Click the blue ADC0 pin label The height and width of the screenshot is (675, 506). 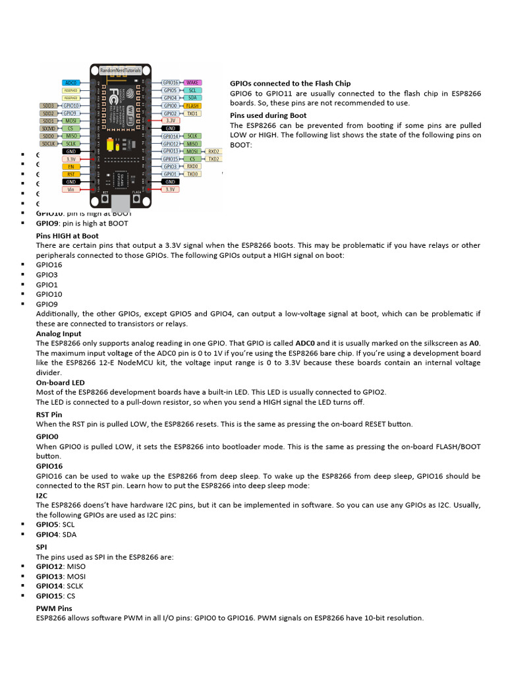tap(71, 82)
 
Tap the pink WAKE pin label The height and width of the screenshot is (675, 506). tap(193, 82)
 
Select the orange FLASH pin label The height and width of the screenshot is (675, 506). tap(192, 105)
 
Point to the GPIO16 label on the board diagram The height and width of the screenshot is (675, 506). tap(171, 82)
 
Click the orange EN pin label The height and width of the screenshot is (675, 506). tap(71, 166)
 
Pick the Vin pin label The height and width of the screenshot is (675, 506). tap(71, 189)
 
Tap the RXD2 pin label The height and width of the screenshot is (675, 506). tap(213, 151)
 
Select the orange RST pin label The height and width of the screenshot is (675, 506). tap(71, 174)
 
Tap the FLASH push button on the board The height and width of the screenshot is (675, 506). tap(136, 198)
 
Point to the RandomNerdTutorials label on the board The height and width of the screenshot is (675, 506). tap(121, 69)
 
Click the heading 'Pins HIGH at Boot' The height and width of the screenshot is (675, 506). tap(67, 235)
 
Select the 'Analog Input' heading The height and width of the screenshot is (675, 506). tap(59, 334)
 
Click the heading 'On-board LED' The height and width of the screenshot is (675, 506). tap(61, 382)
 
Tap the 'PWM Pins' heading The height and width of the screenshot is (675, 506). tap(54, 608)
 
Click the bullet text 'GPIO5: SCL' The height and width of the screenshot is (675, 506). tap(55, 525)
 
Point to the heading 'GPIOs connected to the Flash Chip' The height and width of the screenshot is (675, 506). tap(290, 84)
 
